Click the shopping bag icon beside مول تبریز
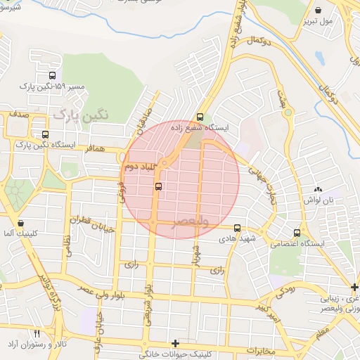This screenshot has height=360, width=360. [319, 11]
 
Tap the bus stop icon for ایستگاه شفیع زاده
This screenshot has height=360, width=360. [200, 117]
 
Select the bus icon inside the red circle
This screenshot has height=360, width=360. [158, 186]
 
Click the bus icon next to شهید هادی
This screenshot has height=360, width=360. [237, 229]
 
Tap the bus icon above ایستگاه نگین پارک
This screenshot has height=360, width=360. [46, 134]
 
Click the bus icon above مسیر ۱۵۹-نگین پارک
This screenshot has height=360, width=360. [52, 76]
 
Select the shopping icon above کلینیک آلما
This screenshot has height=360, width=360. [20, 223]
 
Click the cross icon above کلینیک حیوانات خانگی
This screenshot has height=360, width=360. [175, 343]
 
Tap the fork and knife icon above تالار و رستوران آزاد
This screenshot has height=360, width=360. [37, 333]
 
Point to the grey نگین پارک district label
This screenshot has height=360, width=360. [82, 113]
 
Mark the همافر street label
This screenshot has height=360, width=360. [95, 149]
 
